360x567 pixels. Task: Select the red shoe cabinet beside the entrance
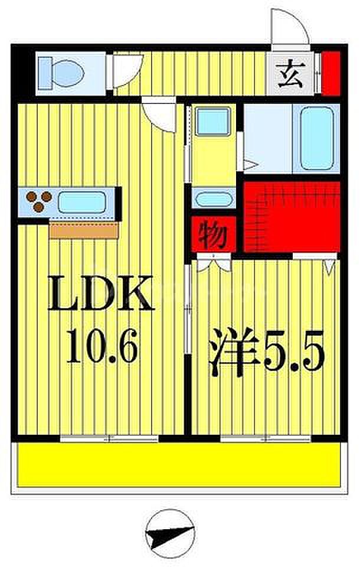click(x=330, y=73)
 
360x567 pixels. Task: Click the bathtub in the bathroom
click(x=318, y=137)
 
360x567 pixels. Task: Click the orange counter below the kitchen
click(x=83, y=229)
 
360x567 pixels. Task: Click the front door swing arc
click(x=289, y=26)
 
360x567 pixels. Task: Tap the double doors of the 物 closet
click(x=213, y=264)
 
